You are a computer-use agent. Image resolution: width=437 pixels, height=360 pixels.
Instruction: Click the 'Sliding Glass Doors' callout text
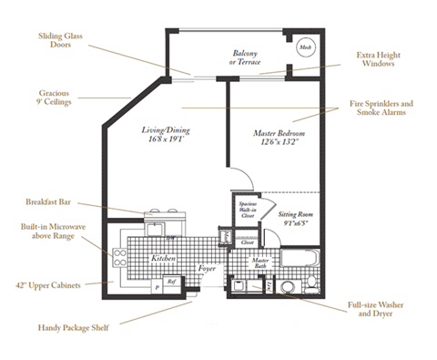pyautogui.click(x=62, y=41)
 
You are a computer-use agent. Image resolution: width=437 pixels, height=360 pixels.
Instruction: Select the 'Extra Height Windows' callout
pyautogui.click(x=374, y=59)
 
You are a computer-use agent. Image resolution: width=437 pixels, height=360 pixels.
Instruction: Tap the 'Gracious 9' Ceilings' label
pyautogui.click(x=56, y=98)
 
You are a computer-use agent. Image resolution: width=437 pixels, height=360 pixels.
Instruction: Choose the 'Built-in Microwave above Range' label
pyautogui.click(x=51, y=236)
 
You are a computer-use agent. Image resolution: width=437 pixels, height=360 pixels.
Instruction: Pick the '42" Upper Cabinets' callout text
pyautogui.click(x=48, y=285)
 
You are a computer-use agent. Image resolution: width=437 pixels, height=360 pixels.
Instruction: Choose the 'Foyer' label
pyautogui.click(x=208, y=271)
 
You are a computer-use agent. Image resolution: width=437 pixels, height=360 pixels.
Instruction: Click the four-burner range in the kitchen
pyautogui.click(x=118, y=258)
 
